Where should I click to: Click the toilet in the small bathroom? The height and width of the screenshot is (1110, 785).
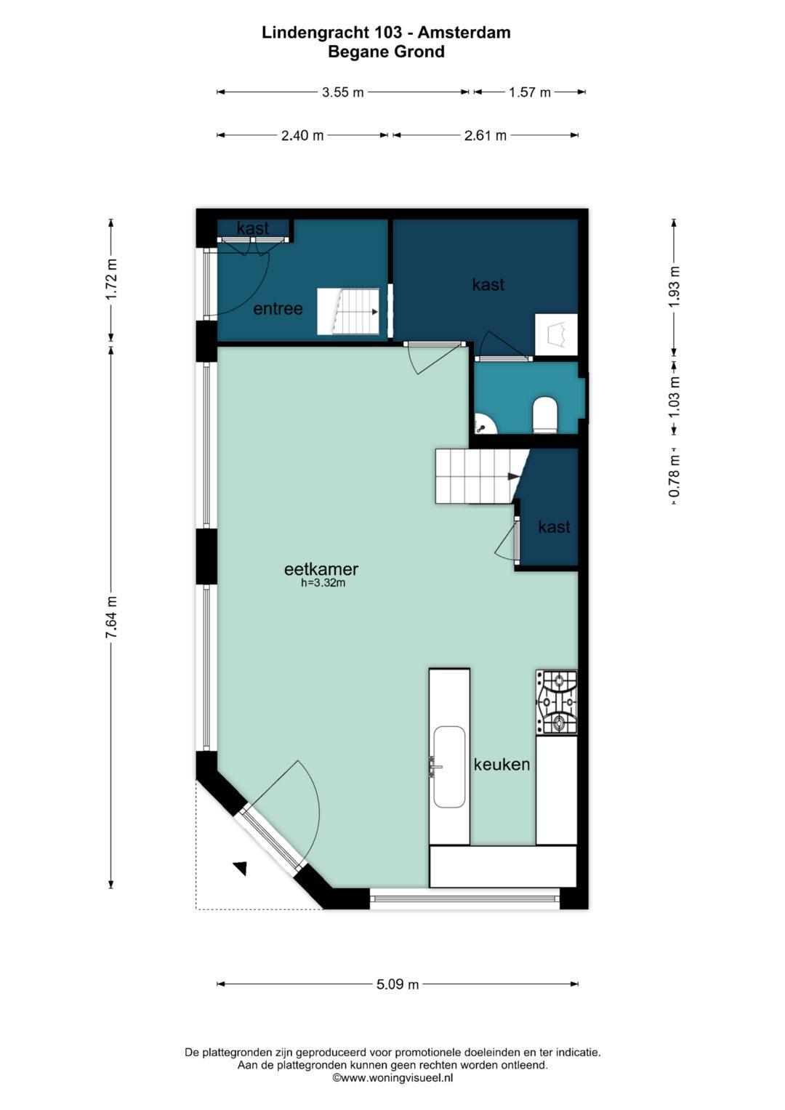(x=545, y=414)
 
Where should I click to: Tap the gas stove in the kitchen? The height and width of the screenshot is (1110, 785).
(x=557, y=702)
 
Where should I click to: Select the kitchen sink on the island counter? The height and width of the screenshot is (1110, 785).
(x=449, y=767)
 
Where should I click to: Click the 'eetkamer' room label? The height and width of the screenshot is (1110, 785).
(x=321, y=569)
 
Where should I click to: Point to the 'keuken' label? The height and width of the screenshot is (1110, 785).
(x=502, y=764)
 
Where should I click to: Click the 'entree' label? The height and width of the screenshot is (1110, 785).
(x=278, y=309)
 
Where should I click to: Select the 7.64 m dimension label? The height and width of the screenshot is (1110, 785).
(x=112, y=617)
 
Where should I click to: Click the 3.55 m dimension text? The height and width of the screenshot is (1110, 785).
(x=343, y=92)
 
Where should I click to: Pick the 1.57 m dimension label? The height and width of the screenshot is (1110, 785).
(x=530, y=92)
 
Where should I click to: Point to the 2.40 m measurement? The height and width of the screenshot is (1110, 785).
(x=302, y=135)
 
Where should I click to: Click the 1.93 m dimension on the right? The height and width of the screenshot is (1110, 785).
(x=675, y=286)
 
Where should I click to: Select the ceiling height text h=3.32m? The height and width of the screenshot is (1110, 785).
(x=323, y=583)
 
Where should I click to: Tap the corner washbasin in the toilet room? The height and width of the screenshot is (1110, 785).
(x=485, y=424)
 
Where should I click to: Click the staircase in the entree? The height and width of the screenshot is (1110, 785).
(x=348, y=312)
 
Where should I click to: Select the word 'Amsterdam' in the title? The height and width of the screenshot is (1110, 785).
(x=464, y=33)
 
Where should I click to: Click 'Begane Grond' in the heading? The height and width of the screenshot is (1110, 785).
(x=387, y=52)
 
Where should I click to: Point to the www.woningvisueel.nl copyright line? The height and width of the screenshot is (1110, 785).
(x=392, y=1077)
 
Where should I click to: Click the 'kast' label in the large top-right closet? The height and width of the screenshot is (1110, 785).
(x=488, y=284)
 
